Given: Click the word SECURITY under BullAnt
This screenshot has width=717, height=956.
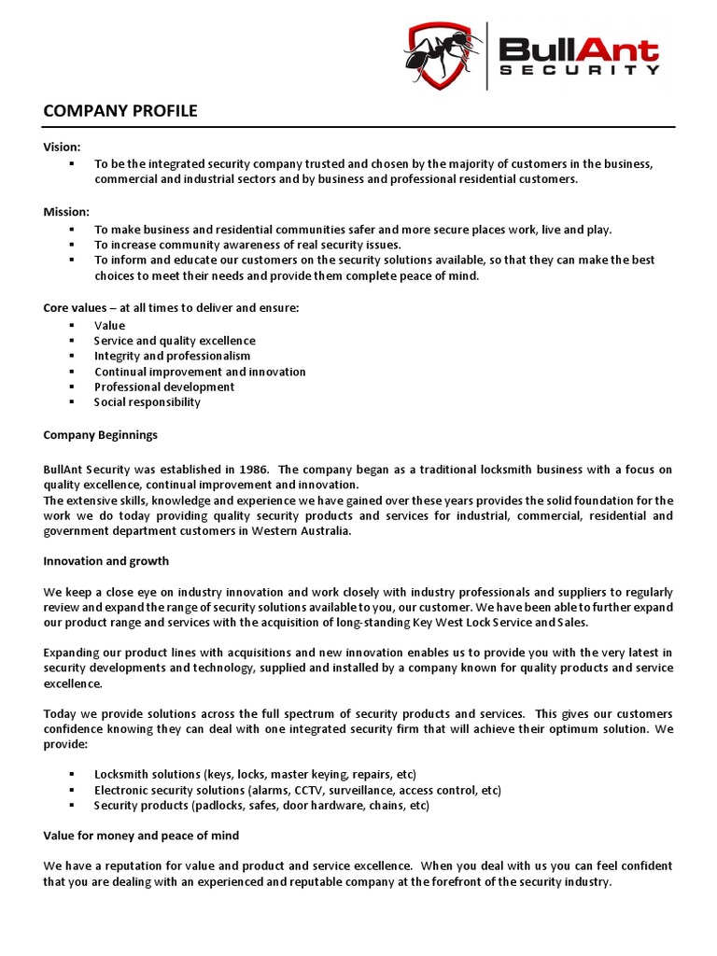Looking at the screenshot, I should (579, 69).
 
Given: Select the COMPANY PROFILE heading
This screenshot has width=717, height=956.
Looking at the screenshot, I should (120, 111).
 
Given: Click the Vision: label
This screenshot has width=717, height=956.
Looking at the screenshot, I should (63, 147).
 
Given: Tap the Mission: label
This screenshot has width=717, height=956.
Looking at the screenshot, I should (66, 212).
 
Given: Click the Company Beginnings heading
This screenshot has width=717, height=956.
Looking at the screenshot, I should (101, 435).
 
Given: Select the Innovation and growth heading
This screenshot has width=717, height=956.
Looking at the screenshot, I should (106, 561).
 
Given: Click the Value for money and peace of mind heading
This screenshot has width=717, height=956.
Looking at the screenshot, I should (141, 836).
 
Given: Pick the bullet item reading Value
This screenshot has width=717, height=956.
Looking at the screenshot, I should (109, 326).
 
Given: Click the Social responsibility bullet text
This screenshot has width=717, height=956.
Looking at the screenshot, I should (148, 402).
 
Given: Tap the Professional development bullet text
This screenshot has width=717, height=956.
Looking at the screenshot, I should (164, 387).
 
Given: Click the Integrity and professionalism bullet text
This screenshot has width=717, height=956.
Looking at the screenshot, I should (172, 356).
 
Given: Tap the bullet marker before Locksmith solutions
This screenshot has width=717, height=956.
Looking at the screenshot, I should (71, 775).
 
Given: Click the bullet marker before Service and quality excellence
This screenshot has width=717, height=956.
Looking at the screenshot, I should (71, 341).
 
